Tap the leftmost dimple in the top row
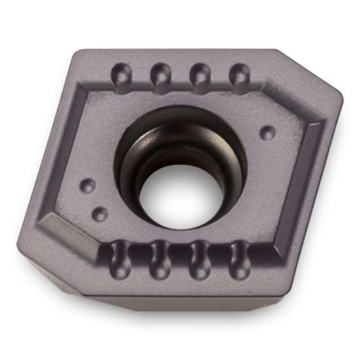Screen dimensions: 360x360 pos(122,74)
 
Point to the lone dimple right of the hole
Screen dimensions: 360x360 pos(267,133)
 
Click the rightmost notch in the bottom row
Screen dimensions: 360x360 pos(237,257)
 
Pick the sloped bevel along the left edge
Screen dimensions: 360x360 pos(62,151)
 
